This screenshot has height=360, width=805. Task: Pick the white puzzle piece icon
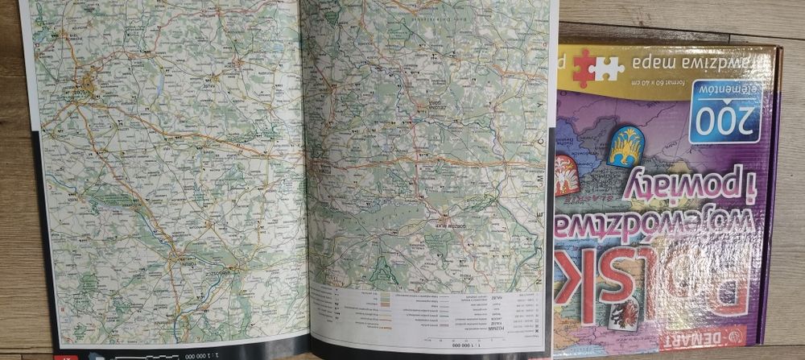(609, 68)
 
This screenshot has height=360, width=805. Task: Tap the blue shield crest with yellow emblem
(625, 146)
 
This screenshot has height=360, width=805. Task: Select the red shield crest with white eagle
(567, 175)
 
